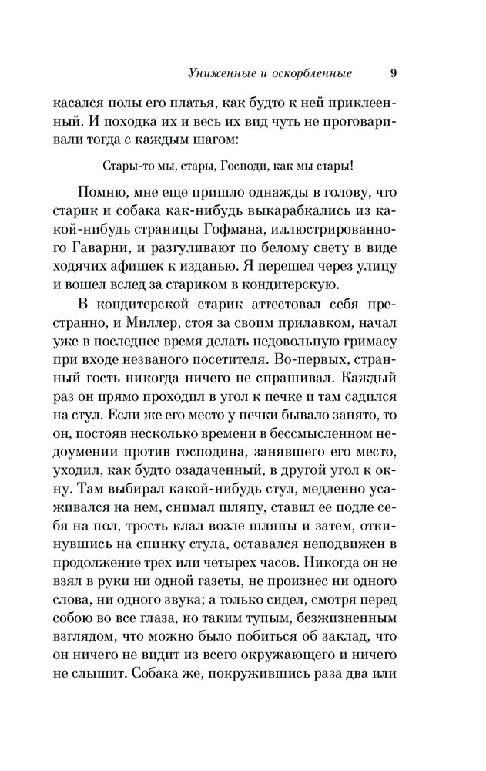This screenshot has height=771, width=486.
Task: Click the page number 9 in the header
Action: (x=394, y=73)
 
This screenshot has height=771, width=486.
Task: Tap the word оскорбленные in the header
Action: (x=313, y=73)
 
